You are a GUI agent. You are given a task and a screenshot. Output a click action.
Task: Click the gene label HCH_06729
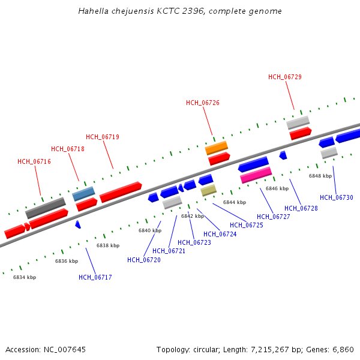(x=284, y=77)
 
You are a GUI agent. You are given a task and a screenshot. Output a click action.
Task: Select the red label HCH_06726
(x=203, y=103)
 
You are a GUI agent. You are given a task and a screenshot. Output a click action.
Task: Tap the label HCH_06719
(x=103, y=137)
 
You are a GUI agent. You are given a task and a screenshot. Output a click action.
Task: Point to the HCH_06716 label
(x=34, y=161)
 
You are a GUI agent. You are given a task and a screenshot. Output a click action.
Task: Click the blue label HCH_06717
(x=95, y=277)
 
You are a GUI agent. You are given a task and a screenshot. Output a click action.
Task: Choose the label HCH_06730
(x=337, y=197)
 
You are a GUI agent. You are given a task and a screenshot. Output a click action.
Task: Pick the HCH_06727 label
(x=274, y=217)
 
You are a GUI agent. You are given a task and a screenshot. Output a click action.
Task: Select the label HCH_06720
(x=144, y=260)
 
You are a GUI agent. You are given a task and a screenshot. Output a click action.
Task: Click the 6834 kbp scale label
(x=25, y=277)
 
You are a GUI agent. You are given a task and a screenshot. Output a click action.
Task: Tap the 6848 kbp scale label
(x=320, y=176)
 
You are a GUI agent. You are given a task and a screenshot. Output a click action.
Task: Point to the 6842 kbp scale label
(x=193, y=216)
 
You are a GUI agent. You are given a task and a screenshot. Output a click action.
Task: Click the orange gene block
(x=217, y=147)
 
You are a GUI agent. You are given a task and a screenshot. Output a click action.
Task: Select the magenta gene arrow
(x=256, y=175)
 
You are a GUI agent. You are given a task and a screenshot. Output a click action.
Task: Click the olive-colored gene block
(x=208, y=190)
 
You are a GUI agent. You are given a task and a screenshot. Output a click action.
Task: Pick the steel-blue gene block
(x=83, y=193)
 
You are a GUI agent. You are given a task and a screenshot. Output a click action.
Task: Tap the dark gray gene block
(x=45, y=208)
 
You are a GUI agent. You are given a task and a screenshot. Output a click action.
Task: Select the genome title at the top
(x=180, y=11)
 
